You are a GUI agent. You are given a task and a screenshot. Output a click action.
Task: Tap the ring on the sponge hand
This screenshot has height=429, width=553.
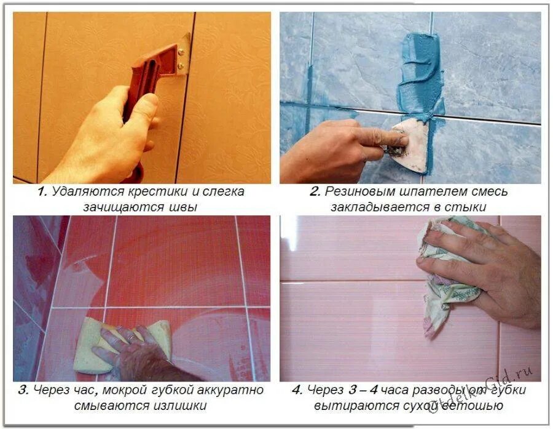(131, 338)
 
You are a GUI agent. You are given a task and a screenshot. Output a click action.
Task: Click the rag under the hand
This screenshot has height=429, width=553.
(448, 272)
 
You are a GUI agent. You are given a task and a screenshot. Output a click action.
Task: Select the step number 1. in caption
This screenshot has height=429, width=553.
(42, 192)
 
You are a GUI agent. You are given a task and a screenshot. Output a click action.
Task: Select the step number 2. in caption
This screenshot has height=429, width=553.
(315, 191)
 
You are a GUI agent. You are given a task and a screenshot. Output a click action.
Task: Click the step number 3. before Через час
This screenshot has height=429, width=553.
(23, 390)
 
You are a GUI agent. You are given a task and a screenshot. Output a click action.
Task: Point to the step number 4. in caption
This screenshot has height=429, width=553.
(297, 390)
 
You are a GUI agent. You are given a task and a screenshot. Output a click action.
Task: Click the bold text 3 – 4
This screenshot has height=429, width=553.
(363, 390)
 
